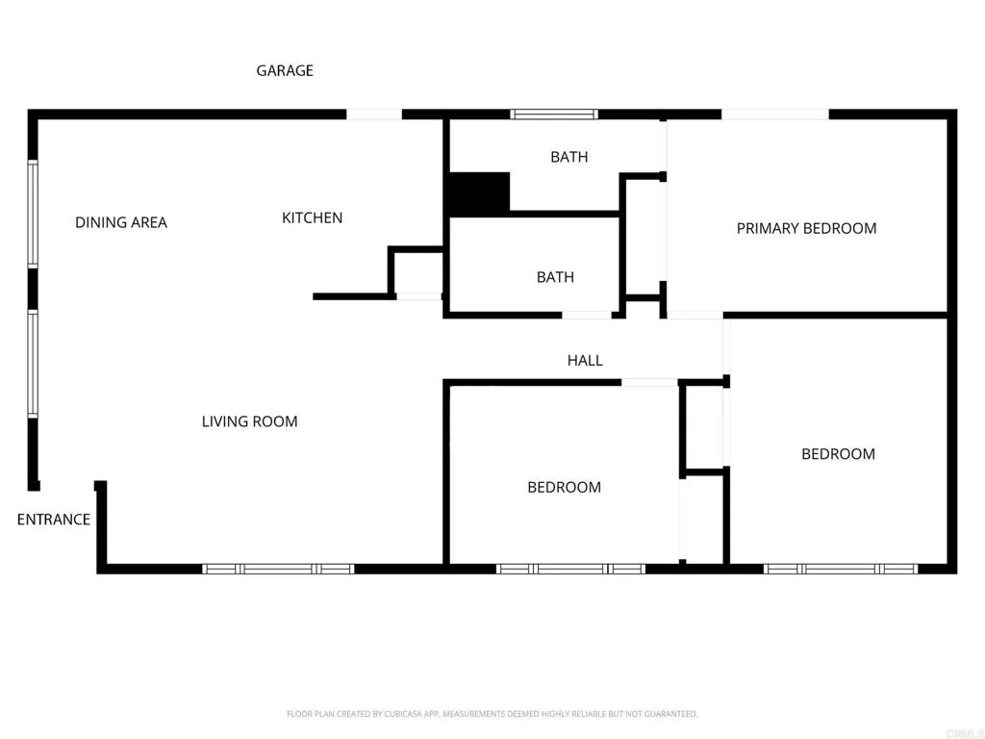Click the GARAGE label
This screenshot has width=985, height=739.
pyautogui.click(x=285, y=70)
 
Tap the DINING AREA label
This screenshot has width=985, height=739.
pyautogui.click(x=121, y=222)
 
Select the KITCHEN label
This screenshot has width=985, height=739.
pyautogui.click(x=312, y=217)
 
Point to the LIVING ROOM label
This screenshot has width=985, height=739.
pyautogui.click(x=249, y=421)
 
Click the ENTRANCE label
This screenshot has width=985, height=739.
pyautogui.click(x=54, y=520)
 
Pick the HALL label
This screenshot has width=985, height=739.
pyautogui.click(x=585, y=360)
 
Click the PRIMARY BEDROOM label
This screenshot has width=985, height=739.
pyautogui.click(x=806, y=228)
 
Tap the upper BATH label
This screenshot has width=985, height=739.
pyautogui.click(x=568, y=157)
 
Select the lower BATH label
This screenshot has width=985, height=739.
pyautogui.click(x=555, y=277)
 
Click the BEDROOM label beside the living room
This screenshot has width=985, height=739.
pyautogui.click(x=564, y=487)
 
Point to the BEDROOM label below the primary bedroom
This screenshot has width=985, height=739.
pyautogui.click(x=838, y=454)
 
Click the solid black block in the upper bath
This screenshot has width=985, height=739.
pyautogui.click(x=478, y=192)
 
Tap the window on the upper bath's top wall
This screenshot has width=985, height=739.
pyautogui.click(x=554, y=115)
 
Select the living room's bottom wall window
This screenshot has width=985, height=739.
pyautogui.click(x=278, y=569)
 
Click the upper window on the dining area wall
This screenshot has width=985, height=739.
pyautogui.click(x=32, y=213)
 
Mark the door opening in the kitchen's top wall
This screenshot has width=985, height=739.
pyautogui.click(x=374, y=115)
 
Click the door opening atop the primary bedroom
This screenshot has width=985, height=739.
pyautogui.click(x=774, y=115)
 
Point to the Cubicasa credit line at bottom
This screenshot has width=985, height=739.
pyautogui.click(x=492, y=714)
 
